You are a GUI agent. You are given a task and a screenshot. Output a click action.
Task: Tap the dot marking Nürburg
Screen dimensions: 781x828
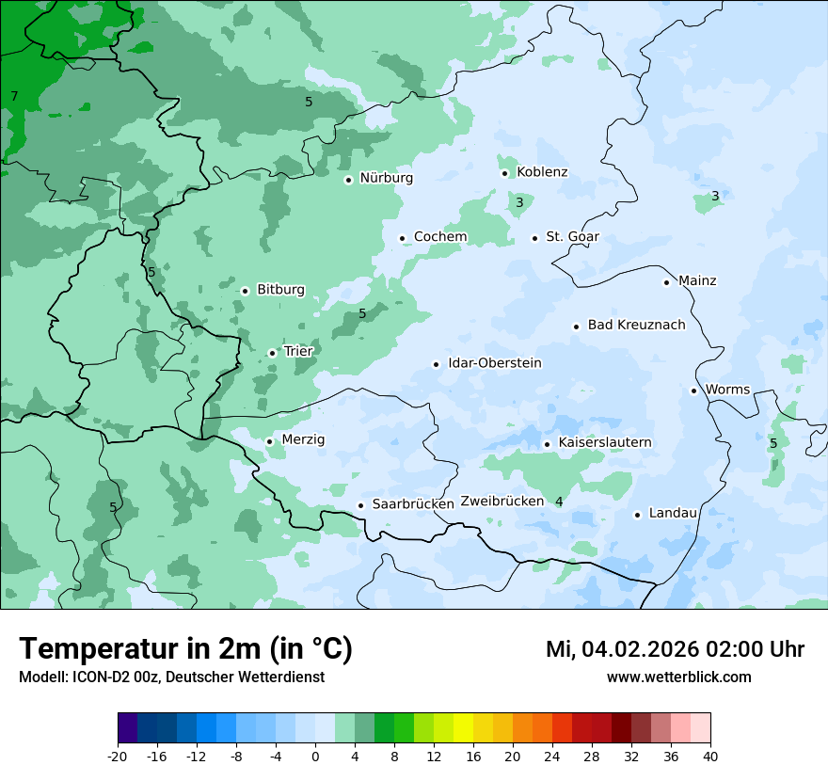click(x=348, y=180)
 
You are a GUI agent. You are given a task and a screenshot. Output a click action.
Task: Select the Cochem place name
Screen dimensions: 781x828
click(x=440, y=237)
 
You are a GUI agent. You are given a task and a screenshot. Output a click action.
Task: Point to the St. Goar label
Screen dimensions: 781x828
click(x=572, y=237)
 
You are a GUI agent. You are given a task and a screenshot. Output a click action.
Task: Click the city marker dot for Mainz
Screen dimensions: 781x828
click(x=666, y=282)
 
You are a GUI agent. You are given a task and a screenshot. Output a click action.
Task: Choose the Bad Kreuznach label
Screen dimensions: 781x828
click(x=636, y=326)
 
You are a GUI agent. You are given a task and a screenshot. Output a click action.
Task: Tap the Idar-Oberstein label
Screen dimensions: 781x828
click(x=494, y=363)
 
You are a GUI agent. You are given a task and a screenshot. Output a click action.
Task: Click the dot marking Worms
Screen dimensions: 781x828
click(x=693, y=390)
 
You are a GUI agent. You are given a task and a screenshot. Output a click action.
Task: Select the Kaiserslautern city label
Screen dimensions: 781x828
click(x=604, y=443)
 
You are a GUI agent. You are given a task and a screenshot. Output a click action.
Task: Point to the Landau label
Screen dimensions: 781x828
click(x=673, y=514)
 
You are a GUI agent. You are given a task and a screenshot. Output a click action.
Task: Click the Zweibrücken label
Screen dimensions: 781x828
click(x=502, y=502)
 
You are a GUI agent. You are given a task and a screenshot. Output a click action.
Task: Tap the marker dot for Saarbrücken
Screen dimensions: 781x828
click(x=360, y=505)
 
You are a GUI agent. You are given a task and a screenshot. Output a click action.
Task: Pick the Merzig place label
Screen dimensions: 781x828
click(x=303, y=440)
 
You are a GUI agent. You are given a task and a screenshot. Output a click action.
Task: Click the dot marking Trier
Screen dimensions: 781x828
click(x=272, y=354)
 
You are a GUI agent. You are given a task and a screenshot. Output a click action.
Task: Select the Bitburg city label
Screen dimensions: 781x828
click(x=280, y=290)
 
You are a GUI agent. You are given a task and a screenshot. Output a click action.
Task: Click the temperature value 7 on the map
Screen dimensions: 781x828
click(x=14, y=96)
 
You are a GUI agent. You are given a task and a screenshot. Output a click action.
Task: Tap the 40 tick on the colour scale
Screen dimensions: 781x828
click(x=710, y=756)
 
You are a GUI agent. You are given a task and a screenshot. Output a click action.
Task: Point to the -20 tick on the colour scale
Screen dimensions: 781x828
click(x=118, y=756)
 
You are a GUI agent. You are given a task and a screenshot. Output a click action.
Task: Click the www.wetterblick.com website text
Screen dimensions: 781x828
click(x=678, y=677)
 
